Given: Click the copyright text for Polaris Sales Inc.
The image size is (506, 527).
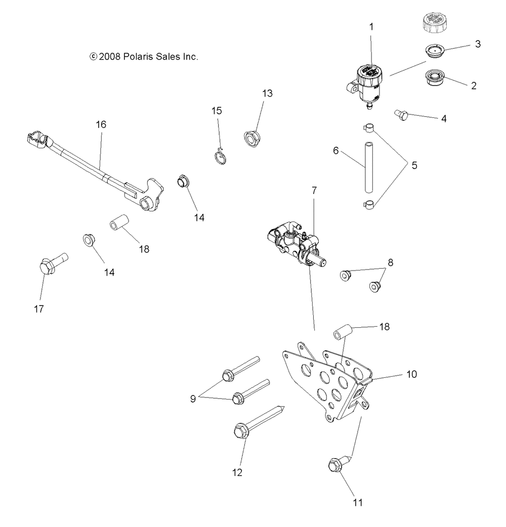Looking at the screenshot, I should (143, 57).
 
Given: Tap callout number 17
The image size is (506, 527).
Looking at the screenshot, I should (39, 309).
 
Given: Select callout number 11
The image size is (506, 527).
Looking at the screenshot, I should (358, 502).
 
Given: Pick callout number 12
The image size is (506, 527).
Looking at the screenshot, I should (237, 472).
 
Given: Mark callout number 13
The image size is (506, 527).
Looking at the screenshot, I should (267, 94).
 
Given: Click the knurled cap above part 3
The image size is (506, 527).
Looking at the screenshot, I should (434, 22).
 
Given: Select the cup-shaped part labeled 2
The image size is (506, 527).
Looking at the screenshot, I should (433, 79).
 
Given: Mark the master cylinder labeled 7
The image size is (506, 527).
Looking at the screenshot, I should (295, 241).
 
